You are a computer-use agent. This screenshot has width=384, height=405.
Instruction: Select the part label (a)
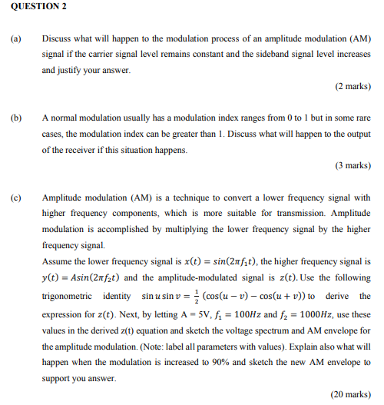click(15, 38)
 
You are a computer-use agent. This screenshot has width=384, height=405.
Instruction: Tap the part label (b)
click(15, 118)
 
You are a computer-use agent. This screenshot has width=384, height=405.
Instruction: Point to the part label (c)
click(15, 198)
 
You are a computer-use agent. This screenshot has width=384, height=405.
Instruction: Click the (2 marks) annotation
click(352, 86)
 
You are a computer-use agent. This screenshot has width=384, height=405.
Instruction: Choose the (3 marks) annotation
click(352, 166)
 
